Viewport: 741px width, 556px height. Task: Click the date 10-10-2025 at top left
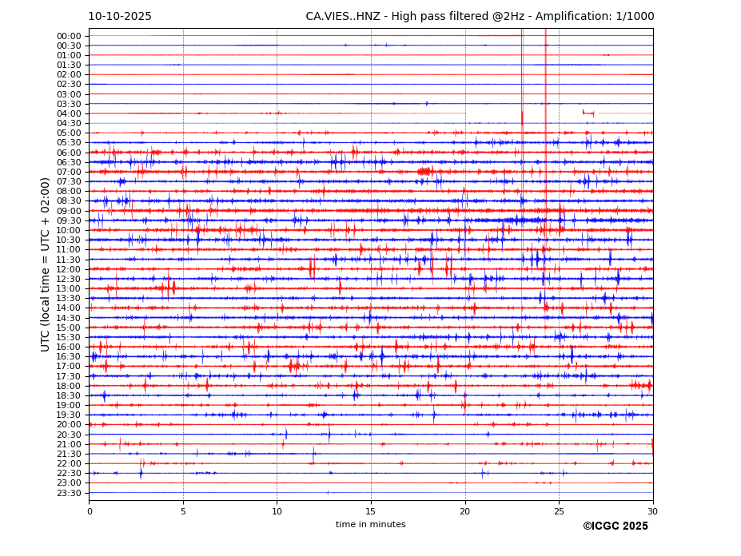coord(120,17)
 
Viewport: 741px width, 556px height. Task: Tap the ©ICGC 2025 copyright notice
coord(615,526)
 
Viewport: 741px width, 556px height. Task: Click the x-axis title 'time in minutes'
coord(370,525)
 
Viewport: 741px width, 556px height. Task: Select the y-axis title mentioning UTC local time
coord(46,264)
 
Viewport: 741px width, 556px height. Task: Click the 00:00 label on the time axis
coord(69,36)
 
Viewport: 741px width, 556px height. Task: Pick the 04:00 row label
coord(69,113)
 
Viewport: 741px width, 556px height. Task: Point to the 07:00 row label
coord(69,172)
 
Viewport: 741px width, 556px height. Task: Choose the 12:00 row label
coord(69,269)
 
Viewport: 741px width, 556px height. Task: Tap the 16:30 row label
coord(69,356)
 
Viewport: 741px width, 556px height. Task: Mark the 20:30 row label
coord(69,435)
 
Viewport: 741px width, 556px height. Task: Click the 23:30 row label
coord(69,493)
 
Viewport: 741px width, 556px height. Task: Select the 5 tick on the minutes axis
coord(183,511)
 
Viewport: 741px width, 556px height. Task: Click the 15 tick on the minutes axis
coord(371,511)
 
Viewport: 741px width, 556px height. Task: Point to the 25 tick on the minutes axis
coord(559,511)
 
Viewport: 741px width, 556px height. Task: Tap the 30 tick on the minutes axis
coord(652,511)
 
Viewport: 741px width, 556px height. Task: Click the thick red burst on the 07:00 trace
coord(424,171)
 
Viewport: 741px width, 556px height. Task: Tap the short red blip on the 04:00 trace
coord(588,113)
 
